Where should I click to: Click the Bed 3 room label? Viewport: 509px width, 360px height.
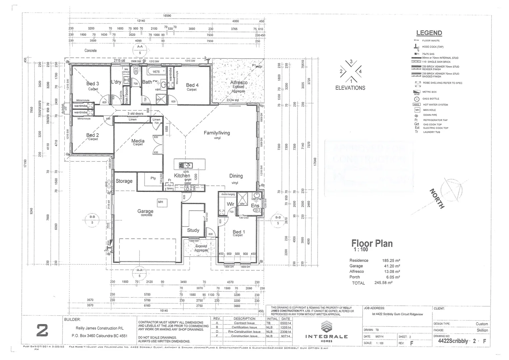tap(93, 84)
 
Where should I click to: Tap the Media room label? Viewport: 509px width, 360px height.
tap(138, 141)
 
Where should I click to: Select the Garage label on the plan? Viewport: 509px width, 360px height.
tap(146, 211)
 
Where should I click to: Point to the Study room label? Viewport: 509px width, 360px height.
tap(193, 230)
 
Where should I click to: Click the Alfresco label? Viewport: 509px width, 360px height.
tap(239, 82)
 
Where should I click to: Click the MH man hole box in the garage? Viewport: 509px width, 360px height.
tap(161, 202)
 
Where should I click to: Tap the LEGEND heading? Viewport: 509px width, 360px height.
tap(429, 33)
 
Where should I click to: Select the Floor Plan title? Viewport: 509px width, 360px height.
tap(372, 243)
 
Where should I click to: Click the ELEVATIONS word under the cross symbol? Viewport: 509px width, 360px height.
tap(350, 88)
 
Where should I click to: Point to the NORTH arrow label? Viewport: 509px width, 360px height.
tap(437, 199)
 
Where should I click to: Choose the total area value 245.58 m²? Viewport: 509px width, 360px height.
tap(383, 283)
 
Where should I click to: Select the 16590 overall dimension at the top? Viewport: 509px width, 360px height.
tap(167, 16)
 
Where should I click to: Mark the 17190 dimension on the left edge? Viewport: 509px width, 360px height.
tap(25, 163)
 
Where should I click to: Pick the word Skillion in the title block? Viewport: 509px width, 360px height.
tap(482, 330)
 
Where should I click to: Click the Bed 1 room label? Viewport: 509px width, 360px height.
tap(239, 232)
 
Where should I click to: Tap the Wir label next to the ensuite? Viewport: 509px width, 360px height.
tap(231, 204)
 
